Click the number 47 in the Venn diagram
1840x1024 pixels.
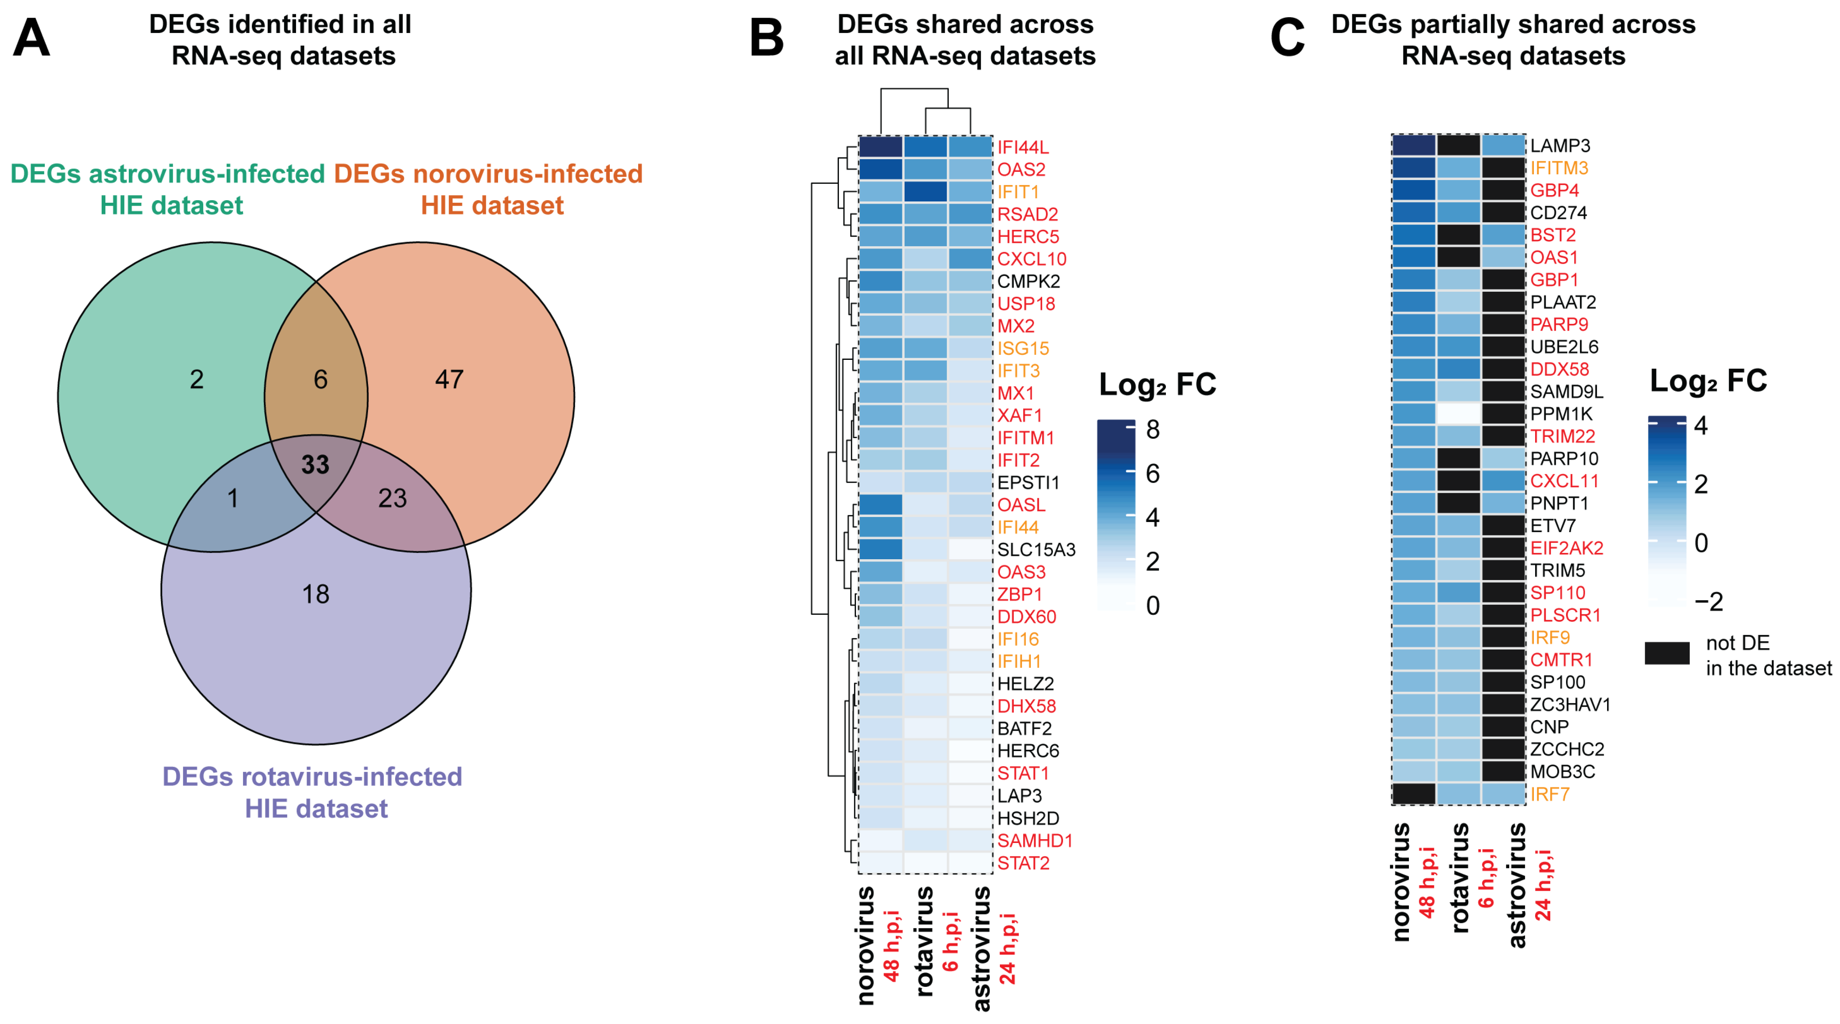449,379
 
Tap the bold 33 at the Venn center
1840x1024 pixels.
315,465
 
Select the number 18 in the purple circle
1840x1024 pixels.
316,594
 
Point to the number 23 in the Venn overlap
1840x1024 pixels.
392,499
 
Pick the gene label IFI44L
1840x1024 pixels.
1023,147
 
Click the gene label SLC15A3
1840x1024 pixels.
1036,550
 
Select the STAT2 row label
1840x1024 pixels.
1023,864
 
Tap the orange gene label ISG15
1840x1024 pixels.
1023,349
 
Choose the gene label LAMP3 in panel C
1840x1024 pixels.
1560,146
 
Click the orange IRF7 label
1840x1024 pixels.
1549,794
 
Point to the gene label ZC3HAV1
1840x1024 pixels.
1570,705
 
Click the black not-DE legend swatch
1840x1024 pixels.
1667,653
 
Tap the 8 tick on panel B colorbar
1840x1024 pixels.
1152,429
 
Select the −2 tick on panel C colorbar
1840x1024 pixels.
1709,601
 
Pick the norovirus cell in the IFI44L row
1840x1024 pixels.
881,147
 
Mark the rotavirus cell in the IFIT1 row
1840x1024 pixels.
926,191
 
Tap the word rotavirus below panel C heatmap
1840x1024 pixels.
1459,878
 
